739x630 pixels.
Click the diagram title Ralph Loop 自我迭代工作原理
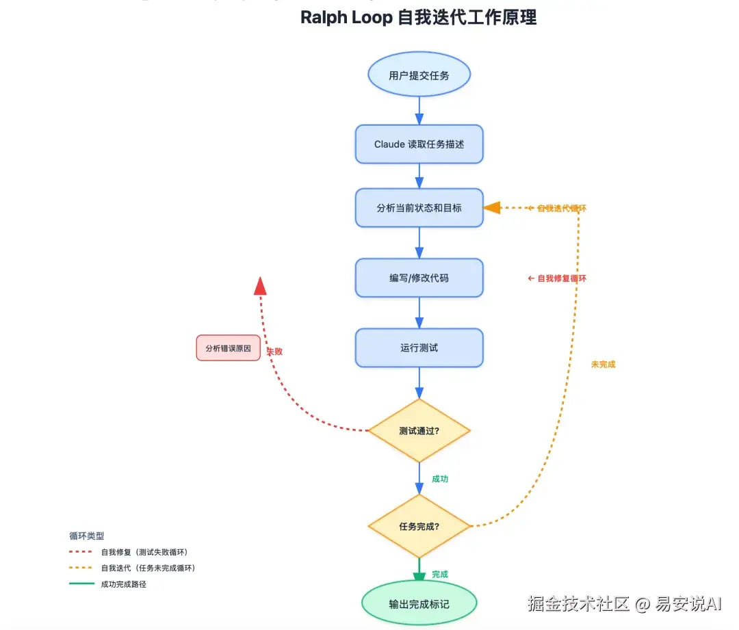click(419, 18)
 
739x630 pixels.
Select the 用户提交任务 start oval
click(419, 75)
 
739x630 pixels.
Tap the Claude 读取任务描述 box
click(419, 144)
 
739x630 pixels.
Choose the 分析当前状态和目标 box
click(419, 208)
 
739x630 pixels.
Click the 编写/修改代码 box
click(419, 278)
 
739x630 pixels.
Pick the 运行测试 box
click(419, 347)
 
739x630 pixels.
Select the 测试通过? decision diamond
click(419, 431)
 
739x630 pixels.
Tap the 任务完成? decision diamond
click(419, 526)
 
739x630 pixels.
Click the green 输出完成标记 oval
click(419, 604)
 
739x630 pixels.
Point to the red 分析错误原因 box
click(228, 348)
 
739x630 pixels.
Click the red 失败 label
click(274, 352)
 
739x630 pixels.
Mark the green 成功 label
click(440, 480)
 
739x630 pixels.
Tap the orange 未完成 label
click(603, 365)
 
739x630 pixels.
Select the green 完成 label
click(440, 575)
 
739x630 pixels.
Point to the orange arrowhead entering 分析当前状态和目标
click(492, 208)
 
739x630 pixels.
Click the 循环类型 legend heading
click(87, 536)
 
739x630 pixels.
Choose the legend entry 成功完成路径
click(124, 584)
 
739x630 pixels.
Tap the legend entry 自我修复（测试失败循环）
click(144, 552)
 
